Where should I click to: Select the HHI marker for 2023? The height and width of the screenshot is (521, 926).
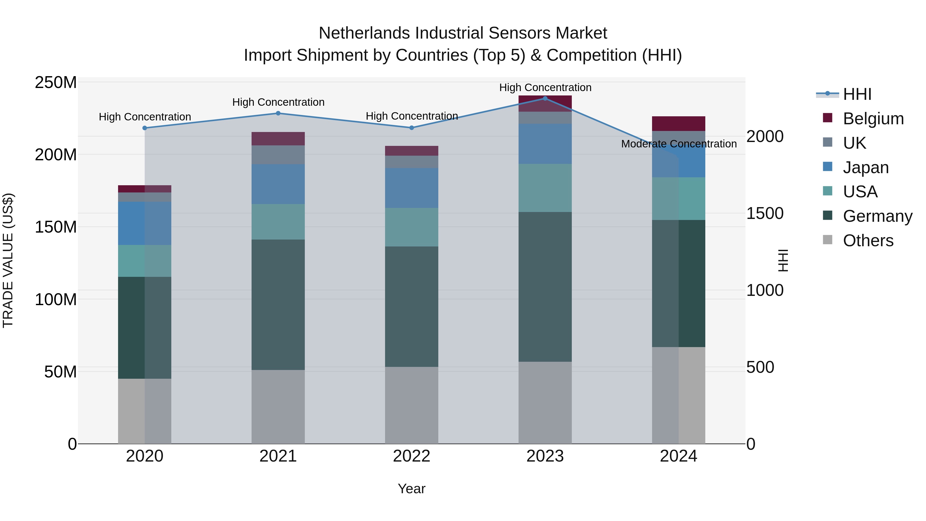coord(545,99)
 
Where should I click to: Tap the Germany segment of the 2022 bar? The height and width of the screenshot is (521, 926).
coord(412,306)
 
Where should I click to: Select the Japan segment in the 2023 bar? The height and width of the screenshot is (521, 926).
coord(545,144)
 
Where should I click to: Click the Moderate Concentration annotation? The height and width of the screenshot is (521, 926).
coord(679,144)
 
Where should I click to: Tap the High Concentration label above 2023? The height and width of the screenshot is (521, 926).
coord(545,87)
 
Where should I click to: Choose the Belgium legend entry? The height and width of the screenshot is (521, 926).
coord(873,119)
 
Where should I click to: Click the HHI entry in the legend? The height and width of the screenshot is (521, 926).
coord(857,94)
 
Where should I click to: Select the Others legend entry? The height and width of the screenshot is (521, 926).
coord(868,241)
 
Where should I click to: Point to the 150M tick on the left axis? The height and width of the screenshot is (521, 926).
coord(56,227)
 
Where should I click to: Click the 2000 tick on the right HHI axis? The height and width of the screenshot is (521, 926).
coord(765,136)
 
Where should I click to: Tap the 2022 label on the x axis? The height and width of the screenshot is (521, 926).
coord(412,456)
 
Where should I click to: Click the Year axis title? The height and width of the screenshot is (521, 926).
coord(412,489)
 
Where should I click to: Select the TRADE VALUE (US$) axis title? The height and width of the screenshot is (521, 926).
coord(8,260)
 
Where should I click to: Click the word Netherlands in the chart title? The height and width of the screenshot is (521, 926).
coord(364,33)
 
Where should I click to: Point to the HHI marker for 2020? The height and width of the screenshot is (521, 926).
coord(145,128)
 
